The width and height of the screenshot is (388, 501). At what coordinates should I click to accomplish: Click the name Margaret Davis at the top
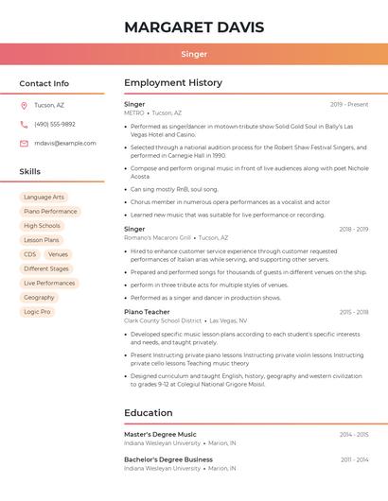194,26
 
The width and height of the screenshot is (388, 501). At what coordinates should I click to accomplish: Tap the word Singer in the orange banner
194,54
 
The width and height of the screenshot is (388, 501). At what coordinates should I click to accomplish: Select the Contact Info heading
44,83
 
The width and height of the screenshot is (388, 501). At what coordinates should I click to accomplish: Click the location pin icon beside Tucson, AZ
24,105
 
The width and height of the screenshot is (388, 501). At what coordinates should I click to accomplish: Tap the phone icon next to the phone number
24,124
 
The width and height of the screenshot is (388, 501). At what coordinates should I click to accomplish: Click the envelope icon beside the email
24,143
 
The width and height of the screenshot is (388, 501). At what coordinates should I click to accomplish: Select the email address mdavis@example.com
65,143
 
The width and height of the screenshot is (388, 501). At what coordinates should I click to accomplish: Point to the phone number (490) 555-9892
55,124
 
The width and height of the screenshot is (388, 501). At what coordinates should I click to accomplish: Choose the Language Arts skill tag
44,198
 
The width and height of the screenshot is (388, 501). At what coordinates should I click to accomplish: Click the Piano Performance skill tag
50,212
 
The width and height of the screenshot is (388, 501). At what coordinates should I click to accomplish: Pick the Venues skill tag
58,254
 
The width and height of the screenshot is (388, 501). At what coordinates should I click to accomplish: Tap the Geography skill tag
39,297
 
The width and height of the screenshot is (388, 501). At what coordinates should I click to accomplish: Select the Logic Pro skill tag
38,311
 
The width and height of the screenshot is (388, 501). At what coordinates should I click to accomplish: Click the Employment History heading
173,83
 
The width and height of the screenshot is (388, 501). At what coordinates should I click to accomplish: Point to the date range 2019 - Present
349,104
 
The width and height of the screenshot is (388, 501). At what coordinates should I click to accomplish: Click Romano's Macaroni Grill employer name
157,238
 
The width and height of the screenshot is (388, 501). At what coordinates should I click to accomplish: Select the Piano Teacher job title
147,311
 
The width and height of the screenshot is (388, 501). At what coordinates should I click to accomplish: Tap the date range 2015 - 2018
354,311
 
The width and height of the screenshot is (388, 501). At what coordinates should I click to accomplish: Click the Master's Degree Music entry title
160,434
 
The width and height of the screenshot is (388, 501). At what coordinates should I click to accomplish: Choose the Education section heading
149,412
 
